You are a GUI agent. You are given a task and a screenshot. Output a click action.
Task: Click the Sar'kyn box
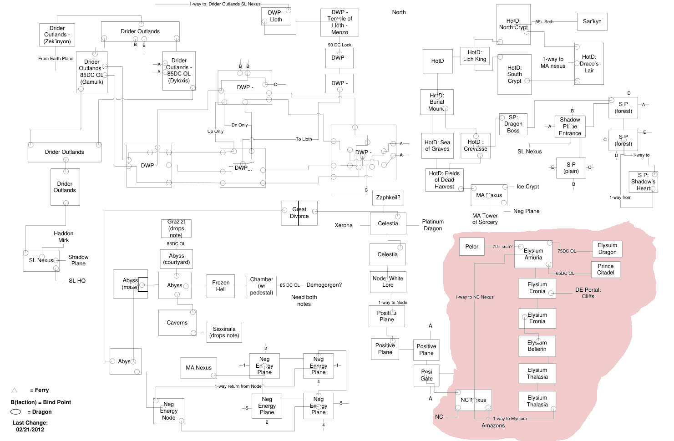tap(592, 21)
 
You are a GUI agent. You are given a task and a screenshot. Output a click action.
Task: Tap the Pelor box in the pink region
tap(471, 247)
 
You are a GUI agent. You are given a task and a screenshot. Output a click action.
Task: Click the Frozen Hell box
tap(221, 286)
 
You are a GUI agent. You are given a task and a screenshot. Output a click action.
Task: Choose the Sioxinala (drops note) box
tap(224, 332)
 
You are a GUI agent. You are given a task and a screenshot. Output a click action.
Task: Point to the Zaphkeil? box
tap(388, 198)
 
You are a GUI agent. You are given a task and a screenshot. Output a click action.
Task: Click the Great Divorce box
tap(299, 213)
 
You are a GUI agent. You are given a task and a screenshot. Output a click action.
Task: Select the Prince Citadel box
tap(605, 269)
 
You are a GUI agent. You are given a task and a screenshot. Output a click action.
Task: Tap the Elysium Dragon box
tap(607, 248)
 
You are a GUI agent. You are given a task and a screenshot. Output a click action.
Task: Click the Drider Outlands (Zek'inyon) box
tap(57, 35)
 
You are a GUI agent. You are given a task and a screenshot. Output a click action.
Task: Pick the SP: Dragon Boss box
tap(513, 124)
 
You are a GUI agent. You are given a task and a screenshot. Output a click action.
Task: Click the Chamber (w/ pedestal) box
tap(262, 286)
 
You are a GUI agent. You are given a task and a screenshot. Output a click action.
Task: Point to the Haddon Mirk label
tap(63, 237)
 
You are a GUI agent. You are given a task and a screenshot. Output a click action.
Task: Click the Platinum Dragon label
tap(433, 225)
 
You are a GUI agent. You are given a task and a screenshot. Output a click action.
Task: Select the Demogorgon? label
tap(324, 285)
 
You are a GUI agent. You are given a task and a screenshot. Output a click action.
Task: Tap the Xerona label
tap(344, 225)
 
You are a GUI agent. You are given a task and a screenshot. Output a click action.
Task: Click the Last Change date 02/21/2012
tap(30, 430)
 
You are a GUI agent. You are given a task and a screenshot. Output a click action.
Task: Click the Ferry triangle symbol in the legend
tap(14, 390)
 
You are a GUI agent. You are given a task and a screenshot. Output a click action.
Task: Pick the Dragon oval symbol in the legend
tap(16, 412)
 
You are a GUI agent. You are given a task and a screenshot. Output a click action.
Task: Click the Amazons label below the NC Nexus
tap(493, 426)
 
